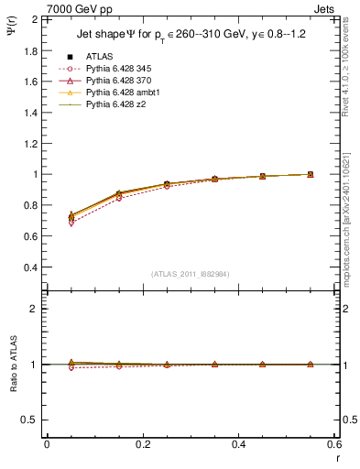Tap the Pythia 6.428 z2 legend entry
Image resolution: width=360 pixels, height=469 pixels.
point(112,104)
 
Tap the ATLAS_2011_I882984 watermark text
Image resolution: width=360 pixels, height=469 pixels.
point(190,274)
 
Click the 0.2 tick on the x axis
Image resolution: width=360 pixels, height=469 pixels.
point(142,443)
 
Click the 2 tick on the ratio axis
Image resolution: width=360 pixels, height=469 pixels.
point(32,309)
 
